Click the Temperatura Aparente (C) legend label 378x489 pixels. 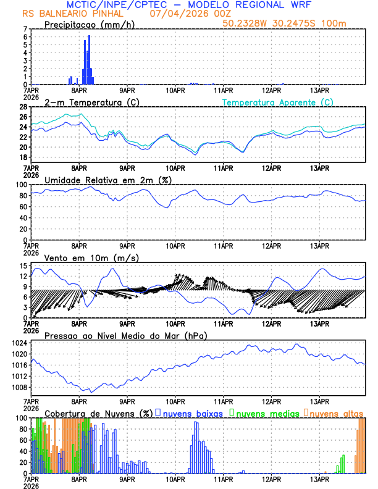pos(277,102)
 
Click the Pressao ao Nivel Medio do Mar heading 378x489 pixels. pos(125,335)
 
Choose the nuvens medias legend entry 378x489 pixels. pos(267,413)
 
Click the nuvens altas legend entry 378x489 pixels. pos(337,413)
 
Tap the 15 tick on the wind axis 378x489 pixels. pos(23,265)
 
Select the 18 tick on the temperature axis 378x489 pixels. pos(23,157)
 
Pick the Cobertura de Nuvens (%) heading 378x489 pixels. pos(98,413)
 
